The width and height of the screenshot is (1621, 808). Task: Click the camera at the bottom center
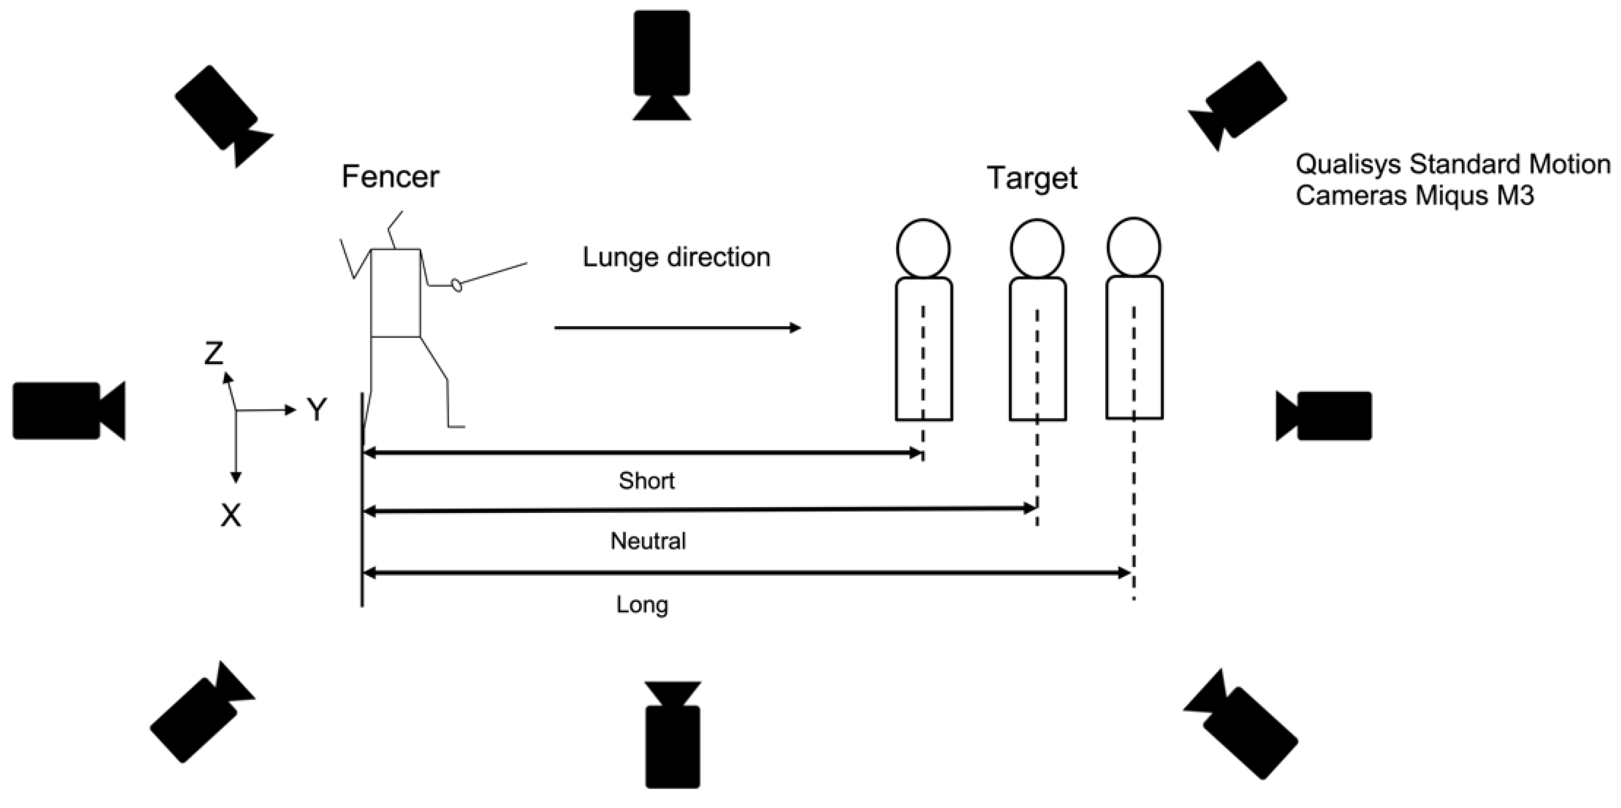pyautogui.click(x=672, y=736)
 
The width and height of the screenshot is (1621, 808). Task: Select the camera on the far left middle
pyautogui.click(x=66, y=410)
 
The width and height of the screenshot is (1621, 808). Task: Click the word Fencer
pyautogui.click(x=390, y=177)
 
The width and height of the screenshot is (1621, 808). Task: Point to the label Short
pyautogui.click(x=646, y=481)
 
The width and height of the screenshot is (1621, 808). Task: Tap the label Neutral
pyautogui.click(x=648, y=541)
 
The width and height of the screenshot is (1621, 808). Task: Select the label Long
pyautogui.click(x=642, y=605)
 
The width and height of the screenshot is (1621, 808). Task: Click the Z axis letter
pyautogui.click(x=214, y=354)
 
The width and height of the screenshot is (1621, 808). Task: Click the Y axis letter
pyautogui.click(x=316, y=410)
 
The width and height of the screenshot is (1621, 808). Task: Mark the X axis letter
pyautogui.click(x=231, y=516)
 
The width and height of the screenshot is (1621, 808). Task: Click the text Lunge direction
pyautogui.click(x=676, y=257)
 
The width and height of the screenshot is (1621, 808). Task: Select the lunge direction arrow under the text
pyautogui.click(x=676, y=328)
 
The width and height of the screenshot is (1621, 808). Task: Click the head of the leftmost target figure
pyautogui.click(x=923, y=248)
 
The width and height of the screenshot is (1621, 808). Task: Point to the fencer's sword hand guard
pyautogui.click(x=457, y=285)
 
